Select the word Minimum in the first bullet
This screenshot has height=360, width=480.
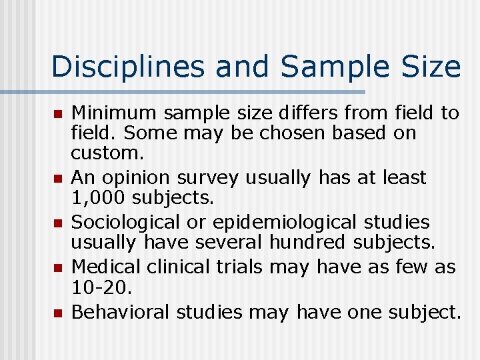[111, 113]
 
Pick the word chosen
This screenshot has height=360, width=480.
[291, 133]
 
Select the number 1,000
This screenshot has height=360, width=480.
[99, 197]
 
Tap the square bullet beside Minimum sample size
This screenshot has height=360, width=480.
[58, 114]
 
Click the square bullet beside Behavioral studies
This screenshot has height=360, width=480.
[58, 312]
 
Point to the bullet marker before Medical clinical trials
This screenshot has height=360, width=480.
[58, 267]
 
